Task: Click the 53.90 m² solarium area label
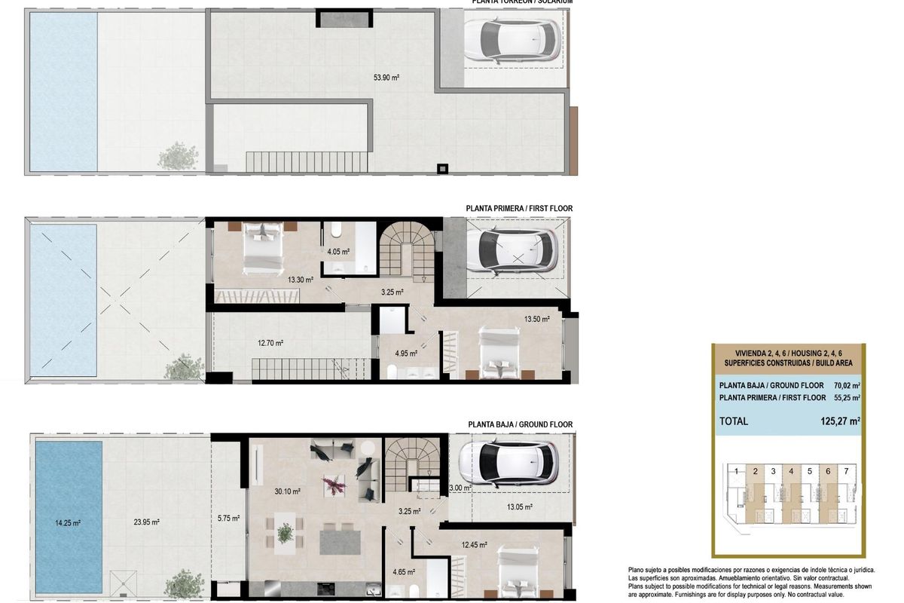coord(386,77)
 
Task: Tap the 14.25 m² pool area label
coord(67,522)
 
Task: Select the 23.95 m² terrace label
coord(148,522)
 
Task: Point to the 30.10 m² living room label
coord(288,491)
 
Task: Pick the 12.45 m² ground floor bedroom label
coord(475,545)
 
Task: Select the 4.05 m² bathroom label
coord(338,252)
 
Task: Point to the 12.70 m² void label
coord(270,343)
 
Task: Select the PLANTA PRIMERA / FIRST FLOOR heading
coord(519,208)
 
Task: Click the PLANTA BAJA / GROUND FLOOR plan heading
coord(520,424)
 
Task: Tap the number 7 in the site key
coord(847,471)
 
